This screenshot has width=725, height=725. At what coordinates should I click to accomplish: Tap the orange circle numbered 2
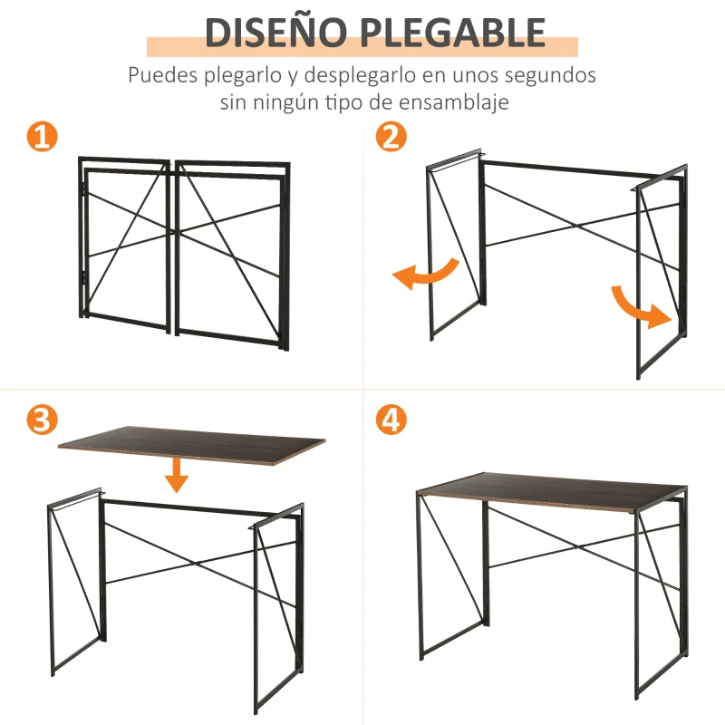[391, 138]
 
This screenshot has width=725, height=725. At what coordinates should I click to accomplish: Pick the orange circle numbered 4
[391, 420]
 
